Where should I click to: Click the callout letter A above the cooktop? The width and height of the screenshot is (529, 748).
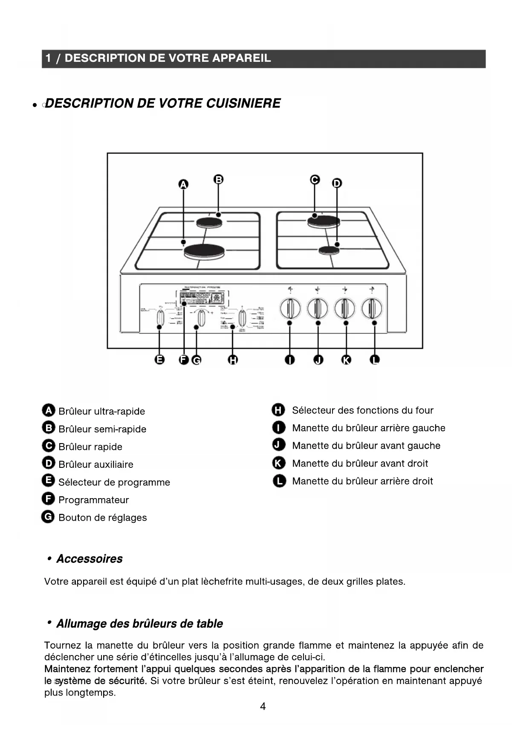(x=183, y=184)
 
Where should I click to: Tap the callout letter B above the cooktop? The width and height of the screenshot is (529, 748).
(x=218, y=180)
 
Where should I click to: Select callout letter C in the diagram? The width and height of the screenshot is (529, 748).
(x=315, y=180)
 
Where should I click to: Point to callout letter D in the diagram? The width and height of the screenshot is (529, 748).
(x=337, y=183)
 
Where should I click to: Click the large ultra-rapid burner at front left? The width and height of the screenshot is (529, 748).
(x=204, y=251)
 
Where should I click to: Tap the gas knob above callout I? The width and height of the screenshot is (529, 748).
(x=290, y=308)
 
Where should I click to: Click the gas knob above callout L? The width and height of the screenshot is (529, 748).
(x=372, y=308)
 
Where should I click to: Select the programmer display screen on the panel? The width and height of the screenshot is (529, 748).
(x=202, y=298)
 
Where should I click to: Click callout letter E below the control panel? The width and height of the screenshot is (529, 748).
(x=159, y=360)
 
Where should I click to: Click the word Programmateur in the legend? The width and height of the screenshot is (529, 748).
(x=93, y=500)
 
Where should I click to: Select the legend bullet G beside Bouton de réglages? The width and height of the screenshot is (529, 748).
(x=48, y=517)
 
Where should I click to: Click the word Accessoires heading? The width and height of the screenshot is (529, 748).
(x=90, y=559)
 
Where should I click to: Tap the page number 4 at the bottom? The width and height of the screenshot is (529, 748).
(x=263, y=707)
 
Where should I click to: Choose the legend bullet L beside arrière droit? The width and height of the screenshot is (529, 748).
(x=279, y=481)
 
